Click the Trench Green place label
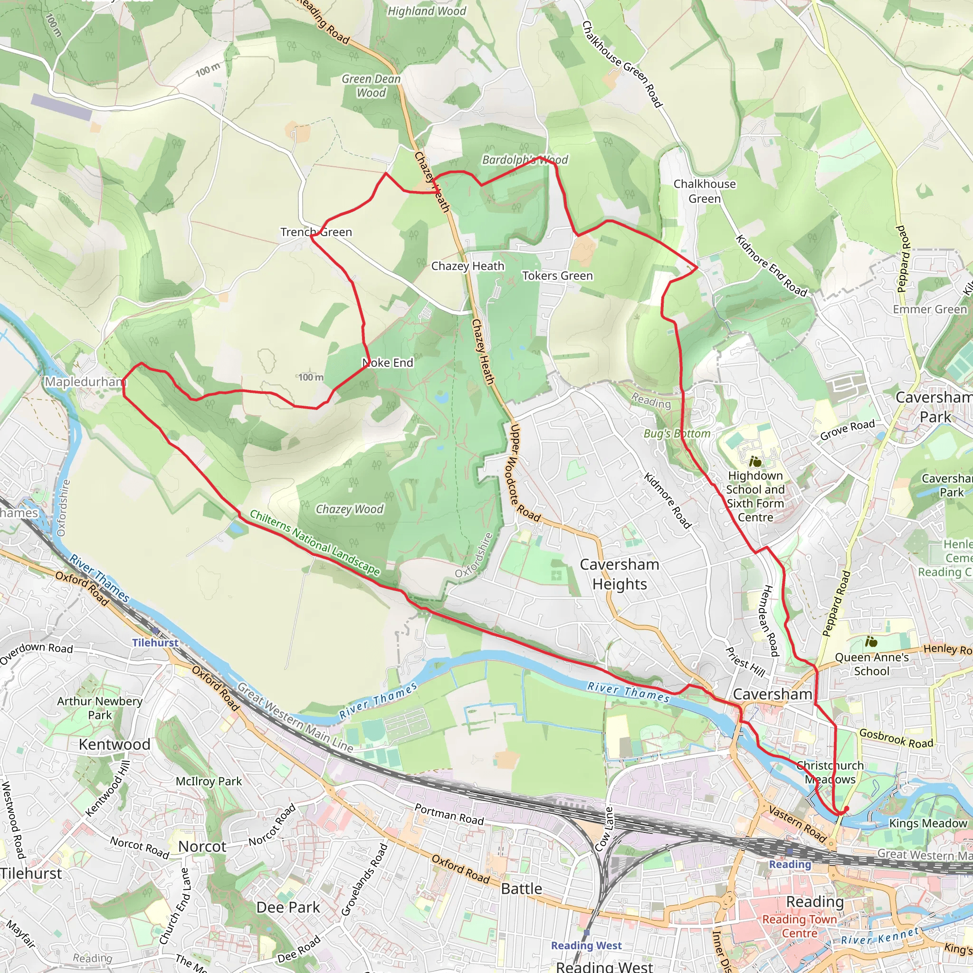tap(316, 232)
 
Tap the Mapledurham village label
tap(85, 382)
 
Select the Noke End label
tap(387, 362)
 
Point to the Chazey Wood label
tap(349, 509)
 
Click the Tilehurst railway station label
tap(155, 643)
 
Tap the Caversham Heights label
tap(620, 574)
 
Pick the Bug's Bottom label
tap(677, 434)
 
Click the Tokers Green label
tap(557, 276)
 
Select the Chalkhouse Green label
tap(704, 191)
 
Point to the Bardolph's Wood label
tap(525, 160)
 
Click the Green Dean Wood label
tap(371, 86)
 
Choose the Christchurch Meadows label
tap(830, 773)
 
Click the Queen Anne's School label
tap(872, 664)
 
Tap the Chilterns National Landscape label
tap(315, 543)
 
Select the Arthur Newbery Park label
tap(100, 708)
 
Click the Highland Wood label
tap(427, 11)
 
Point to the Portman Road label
tap(448, 814)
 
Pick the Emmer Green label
tap(930, 309)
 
